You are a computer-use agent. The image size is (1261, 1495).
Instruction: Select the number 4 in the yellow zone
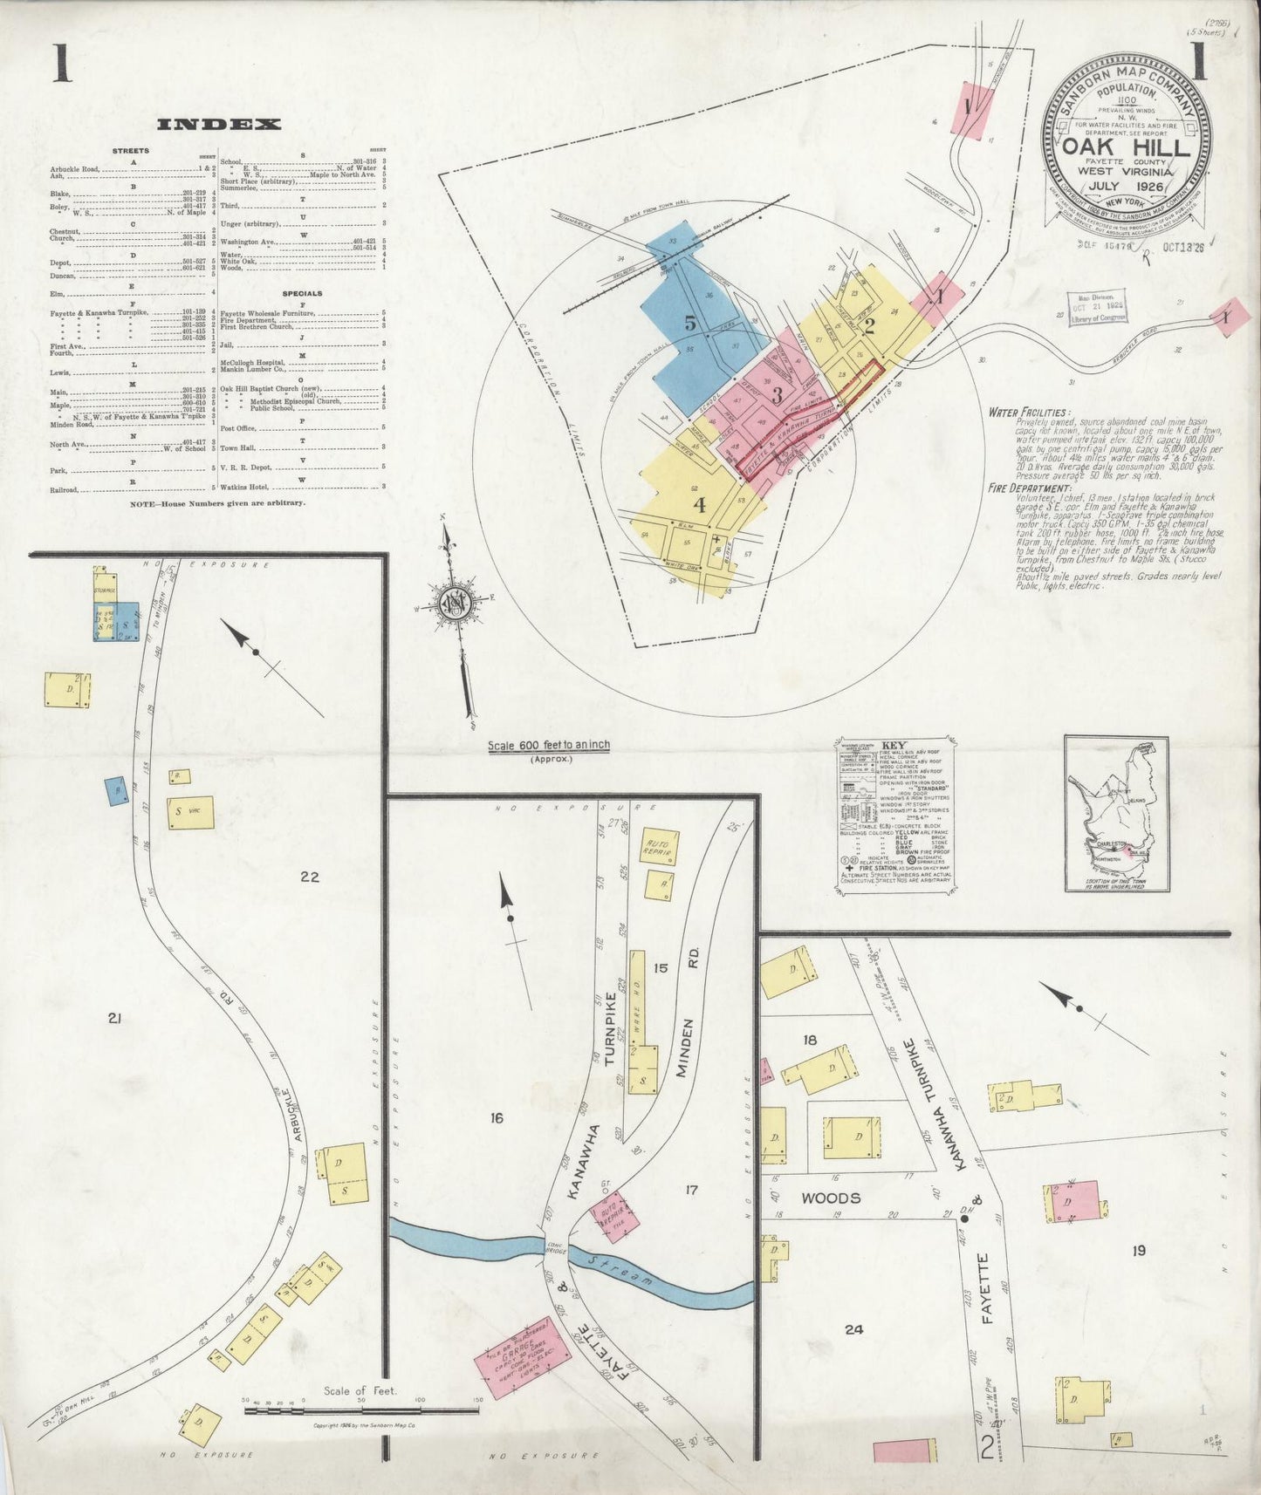699,503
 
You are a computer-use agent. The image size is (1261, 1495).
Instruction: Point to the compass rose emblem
455,603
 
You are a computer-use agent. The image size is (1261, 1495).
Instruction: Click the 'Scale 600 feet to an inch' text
549,745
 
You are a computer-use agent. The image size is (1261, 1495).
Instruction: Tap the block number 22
309,877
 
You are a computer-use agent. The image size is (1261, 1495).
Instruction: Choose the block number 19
1138,1250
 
